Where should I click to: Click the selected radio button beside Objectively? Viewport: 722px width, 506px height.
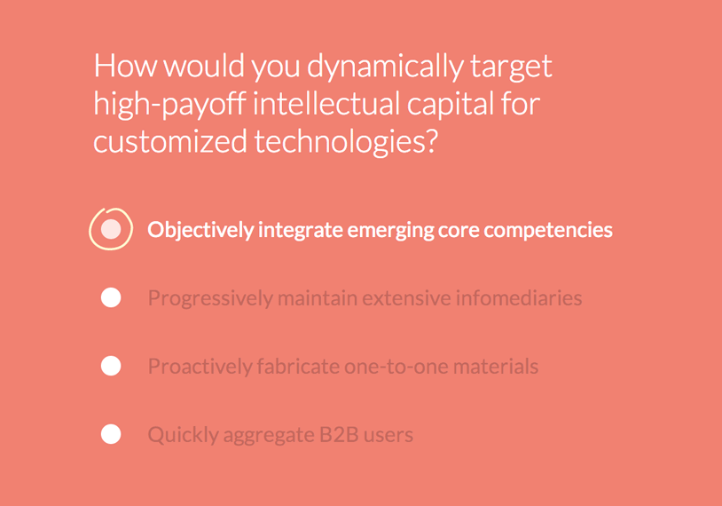[x=111, y=229]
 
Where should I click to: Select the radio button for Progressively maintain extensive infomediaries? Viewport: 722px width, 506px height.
[x=111, y=297]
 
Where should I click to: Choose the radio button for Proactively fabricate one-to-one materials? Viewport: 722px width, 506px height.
[x=111, y=366]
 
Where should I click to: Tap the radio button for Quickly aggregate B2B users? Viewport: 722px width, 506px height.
[x=111, y=434]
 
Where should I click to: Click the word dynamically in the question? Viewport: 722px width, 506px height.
[x=385, y=67]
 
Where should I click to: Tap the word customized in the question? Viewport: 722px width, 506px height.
[x=170, y=141]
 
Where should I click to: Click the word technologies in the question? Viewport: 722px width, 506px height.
[x=340, y=143]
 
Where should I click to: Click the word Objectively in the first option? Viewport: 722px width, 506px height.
[x=200, y=230]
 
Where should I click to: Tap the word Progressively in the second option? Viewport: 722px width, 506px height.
[x=210, y=298]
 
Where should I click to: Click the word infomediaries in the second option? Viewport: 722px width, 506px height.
[x=519, y=297]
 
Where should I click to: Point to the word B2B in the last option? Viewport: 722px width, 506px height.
[x=339, y=435]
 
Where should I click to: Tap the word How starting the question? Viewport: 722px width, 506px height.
[x=125, y=66]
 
